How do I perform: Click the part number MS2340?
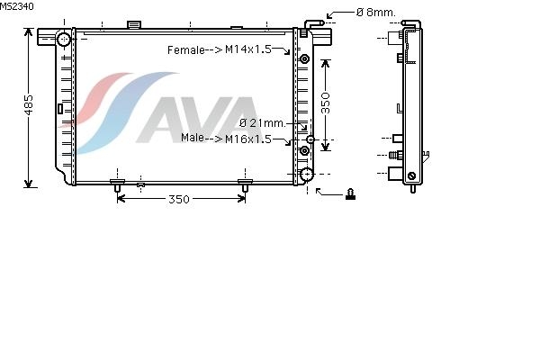click(x=17, y=6)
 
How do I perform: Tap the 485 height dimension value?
click(x=29, y=105)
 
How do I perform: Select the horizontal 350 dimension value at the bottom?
click(x=179, y=199)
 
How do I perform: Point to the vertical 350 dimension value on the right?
click(x=325, y=103)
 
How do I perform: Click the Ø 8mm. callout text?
click(x=376, y=13)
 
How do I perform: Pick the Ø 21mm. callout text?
click(x=263, y=123)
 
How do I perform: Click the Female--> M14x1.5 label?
click(x=220, y=49)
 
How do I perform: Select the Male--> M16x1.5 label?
click(x=226, y=139)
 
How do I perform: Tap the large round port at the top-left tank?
click(x=64, y=40)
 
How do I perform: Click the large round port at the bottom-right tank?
click(x=306, y=175)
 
